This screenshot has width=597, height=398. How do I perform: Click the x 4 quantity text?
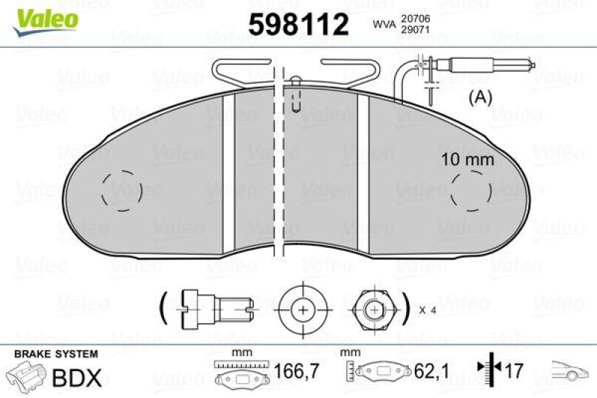pyautogui.click(x=428, y=310)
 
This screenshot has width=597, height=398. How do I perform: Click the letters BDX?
pyautogui.click(x=76, y=378)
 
